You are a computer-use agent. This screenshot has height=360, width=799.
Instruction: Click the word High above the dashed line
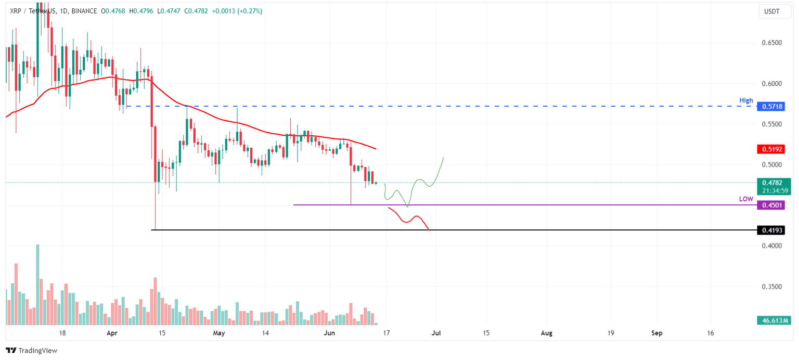tap(746, 100)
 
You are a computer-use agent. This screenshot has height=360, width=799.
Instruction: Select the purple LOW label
tap(746, 199)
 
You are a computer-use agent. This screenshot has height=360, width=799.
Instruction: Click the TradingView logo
tap(31, 351)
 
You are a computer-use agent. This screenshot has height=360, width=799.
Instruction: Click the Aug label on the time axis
tap(547, 333)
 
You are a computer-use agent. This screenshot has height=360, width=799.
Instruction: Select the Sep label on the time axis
tap(657, 333)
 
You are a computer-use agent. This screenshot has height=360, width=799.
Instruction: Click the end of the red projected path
tap(429, 229)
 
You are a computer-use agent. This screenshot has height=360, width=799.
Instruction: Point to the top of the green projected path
tap(443, 157)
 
